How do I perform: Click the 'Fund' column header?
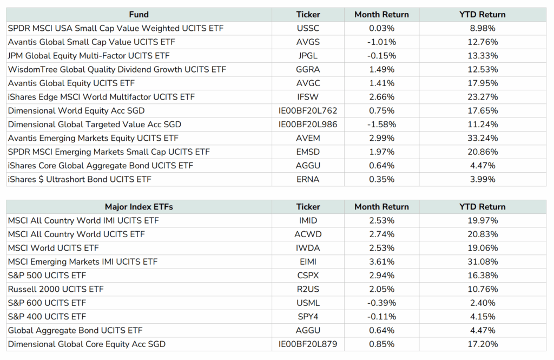pyautogui.click(x=139, y=15)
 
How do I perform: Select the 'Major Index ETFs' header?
pyautogui.click(x=139, y=207)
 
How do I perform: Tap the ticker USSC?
pyautogui.click(x=308, y=28)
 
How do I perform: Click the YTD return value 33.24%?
pyautogui.click(x=482, y=138)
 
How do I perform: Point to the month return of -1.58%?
pyautogui.click(x=381, y=125)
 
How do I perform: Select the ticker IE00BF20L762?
pyautogui.click(x=308, y=110)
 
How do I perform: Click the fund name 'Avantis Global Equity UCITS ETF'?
pyautogui.click(x=71, y=83)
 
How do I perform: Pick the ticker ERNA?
pyautogui.click(x=308, y=179)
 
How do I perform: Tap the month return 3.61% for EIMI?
pyautogui.click(x=381, y=262)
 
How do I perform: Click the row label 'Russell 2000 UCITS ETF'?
pyautogui.click(x=56, y=289)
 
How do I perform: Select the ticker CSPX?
pyautogui.click(x=308, y=276)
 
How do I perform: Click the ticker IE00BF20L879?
pyautogui.click(x=308, y=344)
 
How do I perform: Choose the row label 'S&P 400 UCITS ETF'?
pyautogui.click(x=47, y=317)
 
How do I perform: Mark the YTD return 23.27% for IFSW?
pyautogui.click(x=482, y=97)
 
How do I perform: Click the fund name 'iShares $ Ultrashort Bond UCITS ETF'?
pyautogui.click(x=80, y=179)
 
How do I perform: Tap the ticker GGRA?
pyautogui.click(x=308, y=69)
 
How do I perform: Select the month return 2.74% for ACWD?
pyautogui.click(x=381, y=234)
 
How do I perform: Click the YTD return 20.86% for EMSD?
pyautogui.click(x=482, y=152)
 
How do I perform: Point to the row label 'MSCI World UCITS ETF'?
pyautogui.click(x=54, y=248)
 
